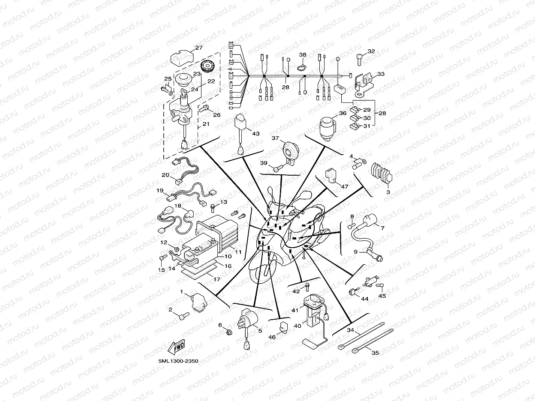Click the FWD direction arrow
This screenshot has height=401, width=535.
click(177, 347)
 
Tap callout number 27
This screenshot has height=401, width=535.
click(199, 48)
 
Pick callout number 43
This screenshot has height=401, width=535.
click(255, 134)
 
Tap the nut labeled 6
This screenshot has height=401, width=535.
click(228, 332)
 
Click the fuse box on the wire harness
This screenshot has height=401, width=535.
click(340, 89)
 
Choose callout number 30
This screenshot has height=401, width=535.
click(367, 118)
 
